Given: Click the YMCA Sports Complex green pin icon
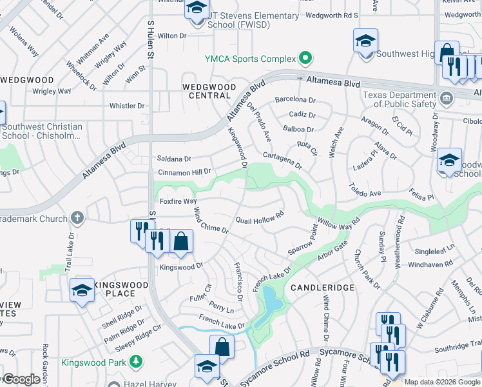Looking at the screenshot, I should (307, 59).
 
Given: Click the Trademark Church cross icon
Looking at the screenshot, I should (77, 218).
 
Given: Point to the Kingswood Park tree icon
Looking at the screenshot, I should (136, 362).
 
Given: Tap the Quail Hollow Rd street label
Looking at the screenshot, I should (260, 219).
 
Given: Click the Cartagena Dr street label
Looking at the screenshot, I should (282, 160).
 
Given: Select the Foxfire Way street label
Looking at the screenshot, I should (178, 201).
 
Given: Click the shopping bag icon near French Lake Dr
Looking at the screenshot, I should (222, 346).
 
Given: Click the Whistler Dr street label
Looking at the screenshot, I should (127, 106).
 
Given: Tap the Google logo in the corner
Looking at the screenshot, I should (21, 379).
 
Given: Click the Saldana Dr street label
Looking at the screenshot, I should (174, 159).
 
